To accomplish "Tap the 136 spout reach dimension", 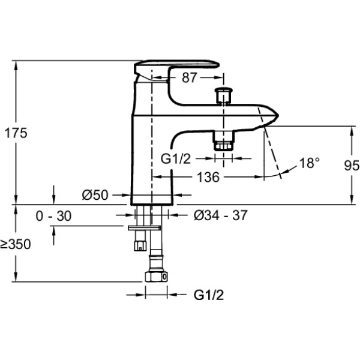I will click(x=207, y=177).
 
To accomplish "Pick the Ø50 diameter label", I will click(x=95, y=195).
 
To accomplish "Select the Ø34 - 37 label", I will click(x=221, y=215).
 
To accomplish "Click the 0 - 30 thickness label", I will click(x=53, y=216).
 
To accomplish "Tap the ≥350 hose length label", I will click(x=16, y=244).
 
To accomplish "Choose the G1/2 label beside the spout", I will click(x=177, y=159).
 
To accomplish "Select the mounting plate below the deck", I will click(x=145, y=227).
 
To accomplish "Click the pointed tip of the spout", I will click(x=277, y=115).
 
